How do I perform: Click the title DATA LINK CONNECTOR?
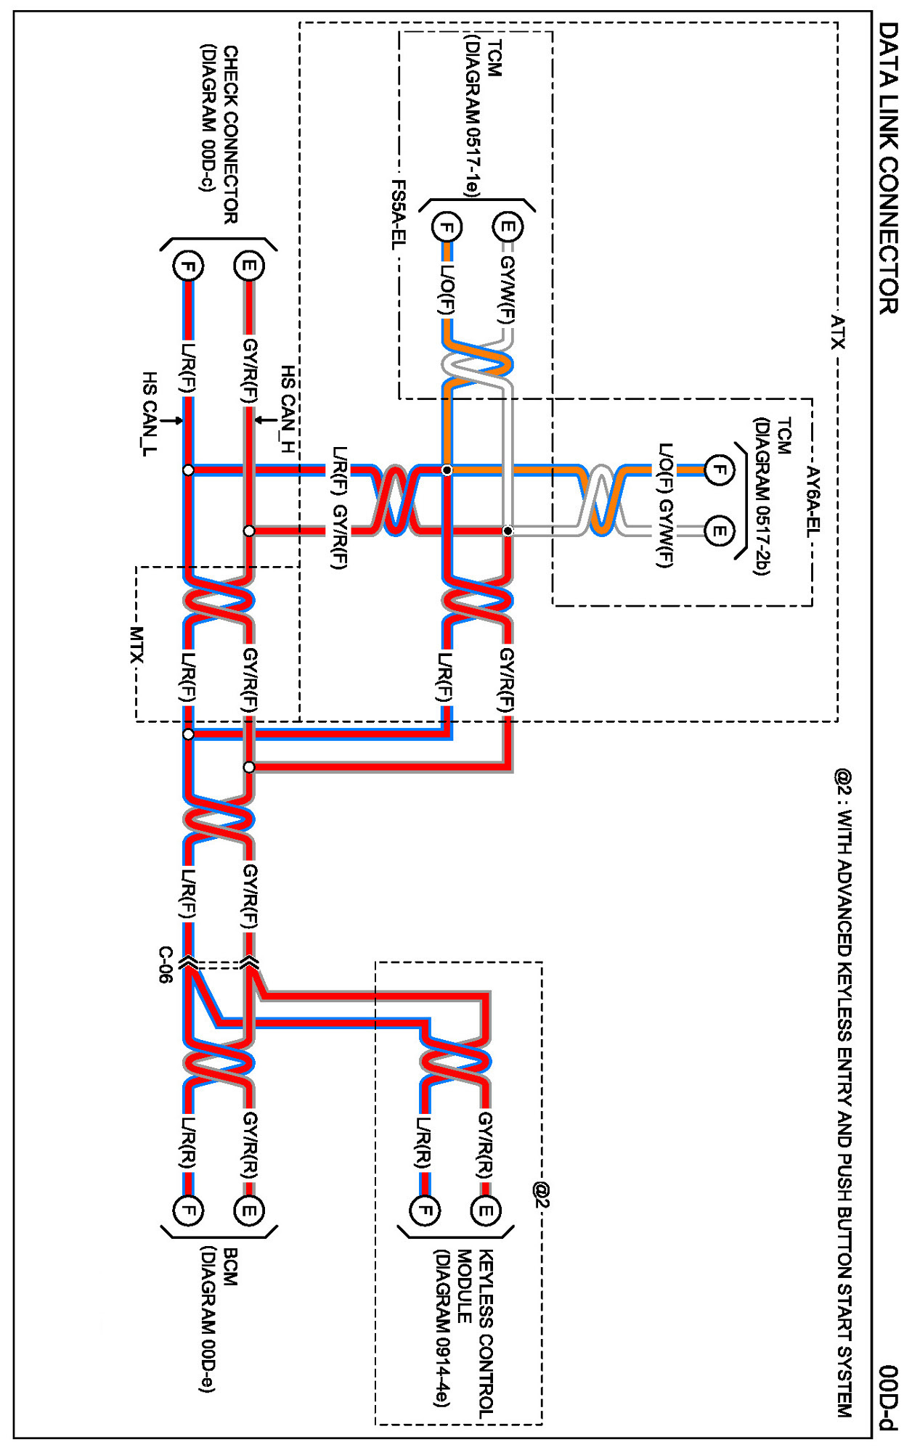[x=887, y=168]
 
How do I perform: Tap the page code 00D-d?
[x=887, y=1397]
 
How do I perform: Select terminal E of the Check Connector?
[x=249, y=266]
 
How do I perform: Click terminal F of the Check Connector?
[x=188, y=266]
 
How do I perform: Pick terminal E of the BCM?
[x=249, y=1210]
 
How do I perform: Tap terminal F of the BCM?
[x=188, y=1210]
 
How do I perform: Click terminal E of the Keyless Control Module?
[x=486, y=1210]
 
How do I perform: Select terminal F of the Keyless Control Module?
[x=425, y=1210]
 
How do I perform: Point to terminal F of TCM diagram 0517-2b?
[x=719, y=470]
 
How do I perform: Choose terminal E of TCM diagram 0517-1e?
[x=508, y=227]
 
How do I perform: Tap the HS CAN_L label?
[x=149, y=414]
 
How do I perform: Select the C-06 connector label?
[x=166, y=964]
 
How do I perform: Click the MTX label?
[x=137, y=644]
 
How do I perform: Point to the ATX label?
[x=838, y=331]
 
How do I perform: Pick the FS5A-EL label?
[x=399, y=215]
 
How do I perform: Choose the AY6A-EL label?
[x=813, y=501]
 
